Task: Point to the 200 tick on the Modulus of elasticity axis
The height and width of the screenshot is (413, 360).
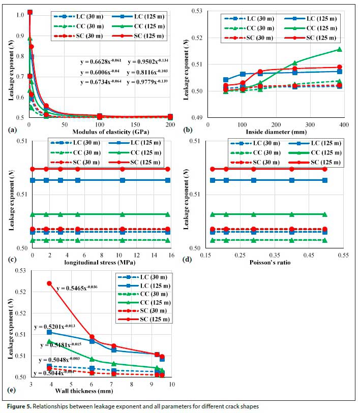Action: tap(170, 124)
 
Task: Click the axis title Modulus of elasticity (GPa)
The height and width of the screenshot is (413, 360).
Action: tap(100, 132)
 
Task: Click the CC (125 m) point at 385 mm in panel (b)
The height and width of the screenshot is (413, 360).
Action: tap(340, 49)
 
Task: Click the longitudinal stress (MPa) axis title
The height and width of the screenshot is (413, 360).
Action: tap(101, 263)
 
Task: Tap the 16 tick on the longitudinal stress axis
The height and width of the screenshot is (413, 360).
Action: tap(170, 255)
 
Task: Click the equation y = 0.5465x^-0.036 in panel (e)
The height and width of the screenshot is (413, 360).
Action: tap(77, 288)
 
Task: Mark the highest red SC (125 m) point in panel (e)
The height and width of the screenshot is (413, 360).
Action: tap(49, 283)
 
